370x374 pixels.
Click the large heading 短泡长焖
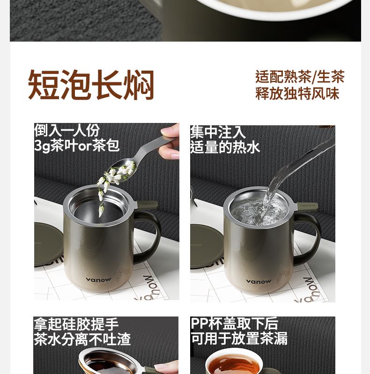click(x=91, y=85)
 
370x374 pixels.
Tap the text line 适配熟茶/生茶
click(x=300, y=77)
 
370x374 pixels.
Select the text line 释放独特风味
click(x=297, y=93)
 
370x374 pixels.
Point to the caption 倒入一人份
click(x=67, y=130)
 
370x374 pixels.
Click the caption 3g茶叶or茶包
click(x=77, y=145)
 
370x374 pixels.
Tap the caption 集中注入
click(x=218, y=132)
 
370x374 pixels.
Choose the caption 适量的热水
click(x=225, y=147)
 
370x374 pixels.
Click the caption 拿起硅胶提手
click(x=76, y=324)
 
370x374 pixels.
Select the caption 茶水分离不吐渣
click(x=82, y=339)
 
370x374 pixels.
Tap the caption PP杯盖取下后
click(x=235, y=324)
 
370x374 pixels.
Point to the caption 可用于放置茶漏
click(x=239, y=338)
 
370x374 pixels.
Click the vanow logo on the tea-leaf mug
click(x=98, y=280)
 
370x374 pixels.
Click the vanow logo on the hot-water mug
click(x=259, y=282)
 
